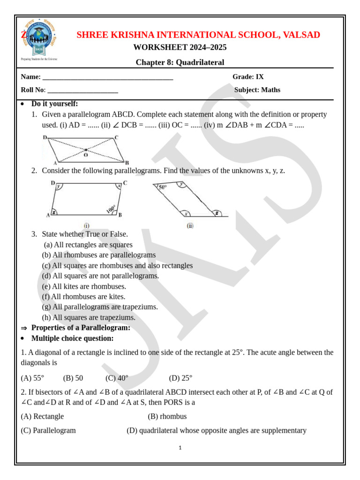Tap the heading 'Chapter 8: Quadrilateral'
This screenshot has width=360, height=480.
[180, 62]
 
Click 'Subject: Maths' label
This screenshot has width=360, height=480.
[257, 90]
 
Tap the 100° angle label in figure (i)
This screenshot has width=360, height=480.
[111, 208]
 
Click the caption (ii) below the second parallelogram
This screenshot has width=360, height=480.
[190, 225]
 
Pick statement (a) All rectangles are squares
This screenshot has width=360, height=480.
[88, 245]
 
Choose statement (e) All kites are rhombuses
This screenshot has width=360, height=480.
[84, 286]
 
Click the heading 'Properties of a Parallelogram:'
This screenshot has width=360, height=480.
[81, 328]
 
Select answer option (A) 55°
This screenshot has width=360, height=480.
[32, 378]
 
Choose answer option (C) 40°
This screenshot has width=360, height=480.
[117, 378]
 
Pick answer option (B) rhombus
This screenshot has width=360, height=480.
[167, 416]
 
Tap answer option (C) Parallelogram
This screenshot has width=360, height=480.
[48, 430]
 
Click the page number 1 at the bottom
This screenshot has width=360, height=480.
[180, 448]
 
